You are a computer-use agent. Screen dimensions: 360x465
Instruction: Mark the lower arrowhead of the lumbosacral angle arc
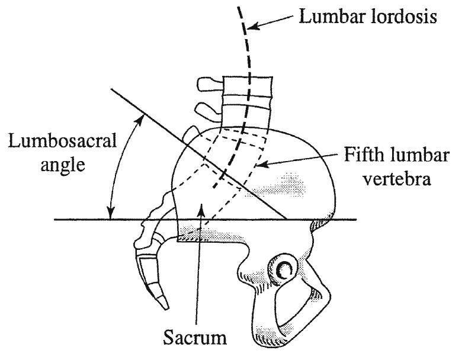(110, 214)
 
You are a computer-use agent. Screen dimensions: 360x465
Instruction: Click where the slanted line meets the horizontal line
(288, 220)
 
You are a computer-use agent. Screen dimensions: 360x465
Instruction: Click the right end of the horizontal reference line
(357, 220)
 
